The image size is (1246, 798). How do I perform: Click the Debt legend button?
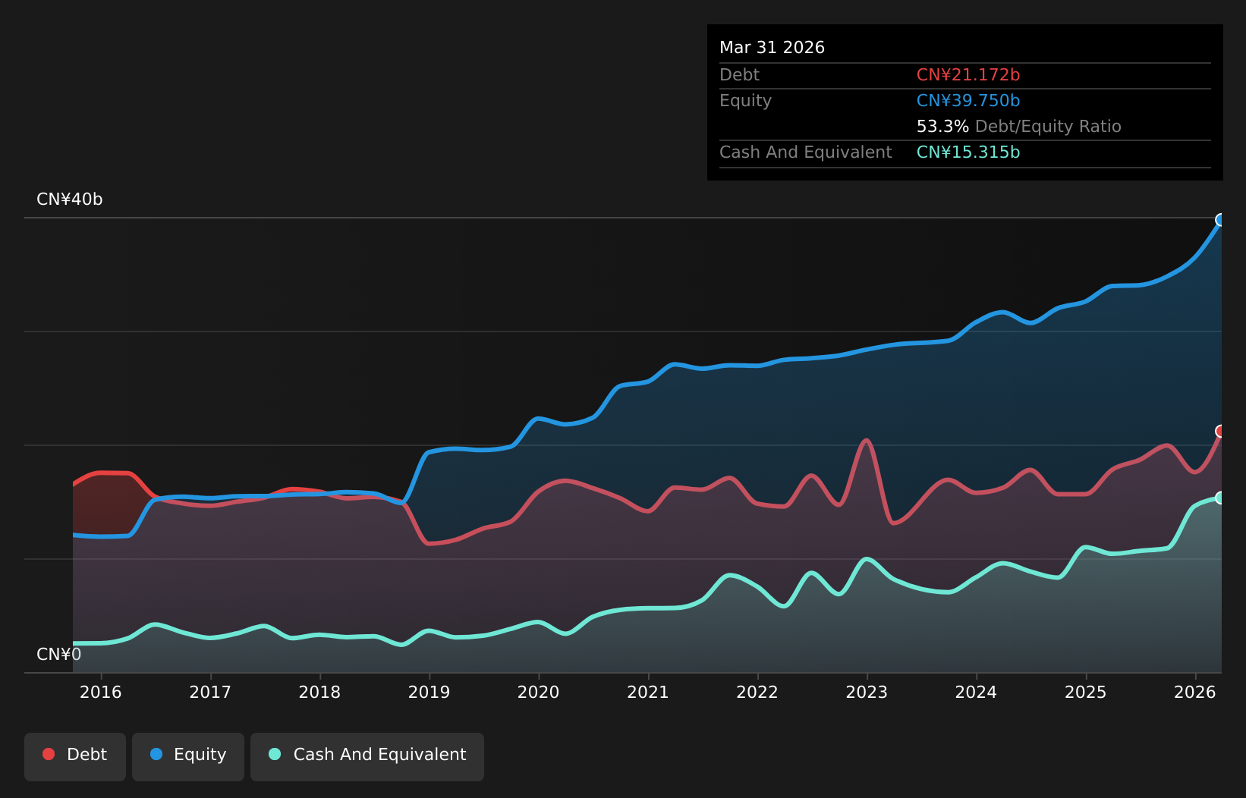(x=74, y=756)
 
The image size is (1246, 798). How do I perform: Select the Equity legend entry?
(x=188, y=756)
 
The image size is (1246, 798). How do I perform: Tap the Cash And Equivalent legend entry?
(x=367, y=756)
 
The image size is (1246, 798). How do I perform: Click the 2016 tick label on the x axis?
(x=101, y=693)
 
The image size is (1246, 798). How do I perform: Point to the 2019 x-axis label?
(x=429, y=693)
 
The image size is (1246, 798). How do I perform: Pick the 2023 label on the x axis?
(x=867, y=693)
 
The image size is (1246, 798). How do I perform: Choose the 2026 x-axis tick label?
(x=1195, y=693)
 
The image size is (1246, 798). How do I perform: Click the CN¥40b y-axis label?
(x=70, y=199)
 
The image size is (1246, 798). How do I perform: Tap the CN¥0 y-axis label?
(x=59, y=655)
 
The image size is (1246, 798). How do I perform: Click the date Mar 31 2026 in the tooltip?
(x=772, y=48)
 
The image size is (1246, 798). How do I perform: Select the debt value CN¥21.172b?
(x=968, y=75)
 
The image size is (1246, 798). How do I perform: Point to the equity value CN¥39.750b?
(x=968, y=101)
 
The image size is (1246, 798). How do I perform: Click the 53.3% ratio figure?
(x=942, y=127)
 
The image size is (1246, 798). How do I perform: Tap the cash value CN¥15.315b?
(x=968, y=152)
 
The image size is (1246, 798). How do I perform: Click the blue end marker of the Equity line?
(x=1220, y=220)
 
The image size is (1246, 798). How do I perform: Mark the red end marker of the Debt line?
(x=1220, y=431)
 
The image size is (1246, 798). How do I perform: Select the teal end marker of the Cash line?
(x=1220, y=498)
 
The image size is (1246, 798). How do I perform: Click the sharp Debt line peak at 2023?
(x=867, y=441)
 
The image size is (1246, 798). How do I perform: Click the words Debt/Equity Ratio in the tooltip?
(x=1048, y=127)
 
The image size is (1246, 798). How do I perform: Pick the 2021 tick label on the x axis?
(x=647, y=693)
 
